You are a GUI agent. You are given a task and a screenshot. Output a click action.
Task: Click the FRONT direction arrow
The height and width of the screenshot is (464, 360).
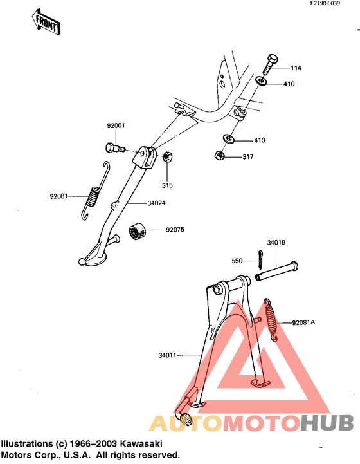click(46, 23)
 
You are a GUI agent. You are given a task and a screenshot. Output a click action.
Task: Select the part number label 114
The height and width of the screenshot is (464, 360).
click(296, 68)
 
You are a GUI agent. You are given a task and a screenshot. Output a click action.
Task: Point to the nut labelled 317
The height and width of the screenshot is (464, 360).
click(219, 155)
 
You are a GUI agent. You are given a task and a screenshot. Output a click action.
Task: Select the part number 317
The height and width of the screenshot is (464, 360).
click(248, 157)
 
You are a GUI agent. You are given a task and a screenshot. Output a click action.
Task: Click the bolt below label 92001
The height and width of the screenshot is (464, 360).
click(115, 147)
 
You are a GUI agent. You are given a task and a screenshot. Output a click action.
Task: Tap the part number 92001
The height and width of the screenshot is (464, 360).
click(116, 125)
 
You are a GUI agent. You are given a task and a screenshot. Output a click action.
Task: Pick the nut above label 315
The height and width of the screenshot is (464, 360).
click(168, 156)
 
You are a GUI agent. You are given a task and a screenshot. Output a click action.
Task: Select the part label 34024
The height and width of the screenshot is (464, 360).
click(156, 203)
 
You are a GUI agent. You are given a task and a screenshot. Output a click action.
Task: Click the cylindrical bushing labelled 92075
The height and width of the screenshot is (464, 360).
click(137, 230)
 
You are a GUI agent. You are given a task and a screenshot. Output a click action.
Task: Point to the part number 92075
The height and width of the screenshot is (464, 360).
click(175, 230)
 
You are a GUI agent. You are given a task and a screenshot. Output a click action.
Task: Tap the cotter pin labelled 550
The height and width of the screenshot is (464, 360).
click(260, 259)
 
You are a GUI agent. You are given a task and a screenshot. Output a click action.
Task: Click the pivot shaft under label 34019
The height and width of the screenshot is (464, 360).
click(276, 272)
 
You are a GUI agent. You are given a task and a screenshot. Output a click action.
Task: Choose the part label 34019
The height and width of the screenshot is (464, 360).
click(276, 243)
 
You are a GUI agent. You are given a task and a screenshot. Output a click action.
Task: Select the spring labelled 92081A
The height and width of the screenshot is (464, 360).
click(271, 319)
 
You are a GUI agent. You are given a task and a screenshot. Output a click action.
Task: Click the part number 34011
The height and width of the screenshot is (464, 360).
click(167, 355)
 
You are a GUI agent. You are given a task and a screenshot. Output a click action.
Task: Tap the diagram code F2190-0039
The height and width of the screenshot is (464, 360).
click(325, 3)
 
